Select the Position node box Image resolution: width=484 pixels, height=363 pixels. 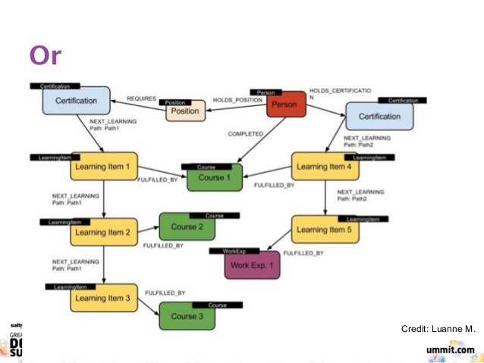185,111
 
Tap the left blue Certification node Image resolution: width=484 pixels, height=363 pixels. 76,101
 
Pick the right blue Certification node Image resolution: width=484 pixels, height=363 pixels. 379,117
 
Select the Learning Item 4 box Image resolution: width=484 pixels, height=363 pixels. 324,167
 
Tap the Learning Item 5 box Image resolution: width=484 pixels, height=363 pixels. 324,229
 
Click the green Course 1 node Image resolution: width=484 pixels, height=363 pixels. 212,177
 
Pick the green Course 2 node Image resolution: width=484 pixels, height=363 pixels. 187,227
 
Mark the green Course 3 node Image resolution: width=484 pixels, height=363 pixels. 187,316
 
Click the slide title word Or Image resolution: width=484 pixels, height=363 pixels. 45,55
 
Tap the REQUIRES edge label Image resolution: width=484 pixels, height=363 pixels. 141,99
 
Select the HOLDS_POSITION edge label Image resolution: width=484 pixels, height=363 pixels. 237,99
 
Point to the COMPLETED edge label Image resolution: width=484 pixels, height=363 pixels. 245,134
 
